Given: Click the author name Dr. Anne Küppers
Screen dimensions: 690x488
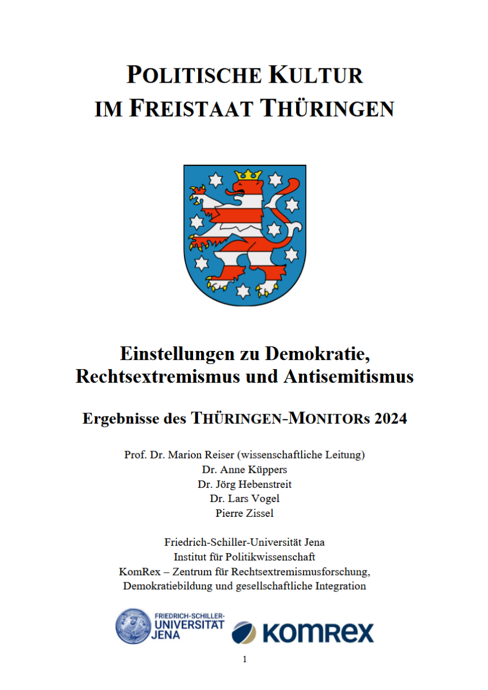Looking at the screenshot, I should [x=245, y=469].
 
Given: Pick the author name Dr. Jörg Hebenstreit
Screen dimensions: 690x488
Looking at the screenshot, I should [x=245, y=484].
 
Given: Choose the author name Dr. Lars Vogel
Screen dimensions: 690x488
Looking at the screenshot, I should [x=245, y=499].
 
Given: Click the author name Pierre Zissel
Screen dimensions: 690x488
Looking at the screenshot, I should [x=245, y=513].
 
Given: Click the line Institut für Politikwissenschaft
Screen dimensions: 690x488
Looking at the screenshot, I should [x=245, y=556].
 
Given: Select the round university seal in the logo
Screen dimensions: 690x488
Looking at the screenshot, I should [x=134, y=627].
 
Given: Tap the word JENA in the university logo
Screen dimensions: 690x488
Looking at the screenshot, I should [x=166, y=635].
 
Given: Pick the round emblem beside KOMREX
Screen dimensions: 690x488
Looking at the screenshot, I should [x=244, y=632].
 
